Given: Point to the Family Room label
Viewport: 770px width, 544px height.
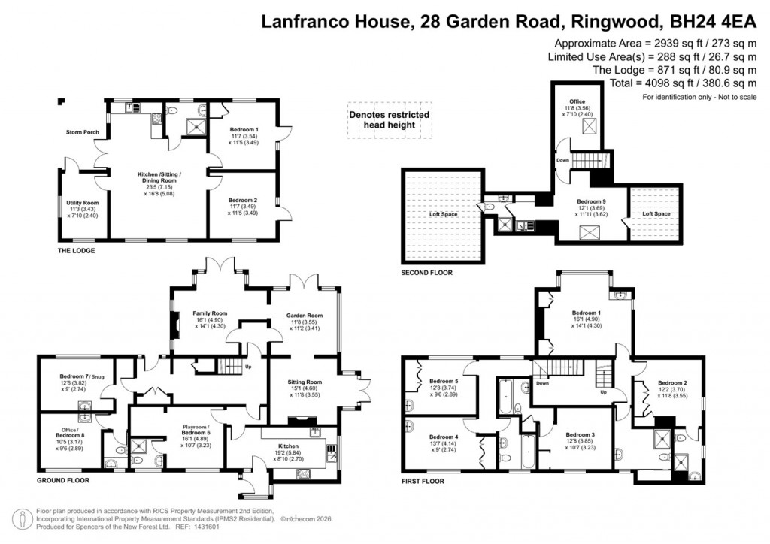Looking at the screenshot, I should (210, 313).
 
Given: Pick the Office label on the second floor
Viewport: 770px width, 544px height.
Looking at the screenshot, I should (577, 101).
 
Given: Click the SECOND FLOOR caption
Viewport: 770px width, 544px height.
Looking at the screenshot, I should (426, 273).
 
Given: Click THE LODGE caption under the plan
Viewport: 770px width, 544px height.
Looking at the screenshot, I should (77, 250).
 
